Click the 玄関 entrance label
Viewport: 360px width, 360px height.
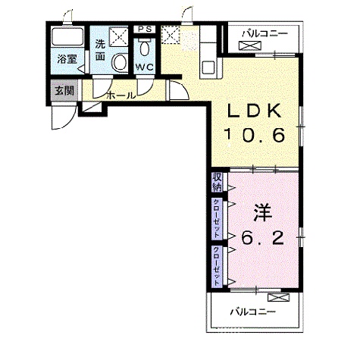tap(64, 90)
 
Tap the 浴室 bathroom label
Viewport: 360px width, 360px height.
tap(67, 59)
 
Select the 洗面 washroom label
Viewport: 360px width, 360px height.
tap(100, 51)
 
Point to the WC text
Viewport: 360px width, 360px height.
tap(145, 67)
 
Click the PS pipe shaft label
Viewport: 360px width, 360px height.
tap(145, 29)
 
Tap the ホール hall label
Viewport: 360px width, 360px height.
tap(121, 95)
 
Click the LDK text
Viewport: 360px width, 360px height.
tap(254, 111)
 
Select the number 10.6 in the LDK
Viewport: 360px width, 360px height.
tap(255, 135)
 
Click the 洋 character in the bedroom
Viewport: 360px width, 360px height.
tap(263, 213)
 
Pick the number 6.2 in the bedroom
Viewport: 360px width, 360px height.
tap(262, 237)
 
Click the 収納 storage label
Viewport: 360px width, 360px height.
tap(217, 182)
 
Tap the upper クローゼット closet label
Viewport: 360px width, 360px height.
tap(217, 218)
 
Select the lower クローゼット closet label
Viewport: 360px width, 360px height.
tap(217, 266)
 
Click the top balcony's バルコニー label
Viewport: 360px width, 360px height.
tap(265, 33)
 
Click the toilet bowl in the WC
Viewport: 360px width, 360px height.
tap(145, 49)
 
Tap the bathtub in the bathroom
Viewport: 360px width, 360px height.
tap(67, 36)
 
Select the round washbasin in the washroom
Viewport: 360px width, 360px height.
tap(120, 62)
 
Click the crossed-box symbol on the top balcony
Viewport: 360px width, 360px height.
tap(250, 45)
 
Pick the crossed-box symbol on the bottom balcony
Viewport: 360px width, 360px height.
tap(278, 298)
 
